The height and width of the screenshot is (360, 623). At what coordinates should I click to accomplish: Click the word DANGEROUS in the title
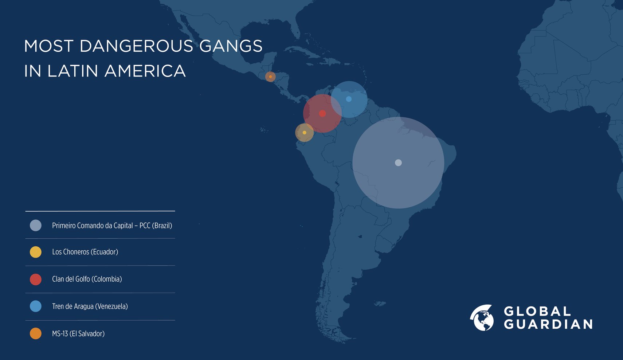coord(136,46)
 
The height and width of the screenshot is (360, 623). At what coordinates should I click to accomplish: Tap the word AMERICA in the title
coord(145,71)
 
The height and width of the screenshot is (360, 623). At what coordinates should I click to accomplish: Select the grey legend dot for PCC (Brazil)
coord(36,226)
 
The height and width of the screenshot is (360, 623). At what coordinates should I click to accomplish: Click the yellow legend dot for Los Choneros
coord(36,252)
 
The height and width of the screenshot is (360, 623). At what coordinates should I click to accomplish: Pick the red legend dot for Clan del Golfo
coord(36,279)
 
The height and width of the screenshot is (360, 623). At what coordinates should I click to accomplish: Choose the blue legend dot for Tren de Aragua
coord(36,306)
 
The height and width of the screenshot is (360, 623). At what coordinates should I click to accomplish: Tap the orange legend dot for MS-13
coord(36,333)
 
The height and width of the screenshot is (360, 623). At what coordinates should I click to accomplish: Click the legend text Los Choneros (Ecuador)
coord(85,252)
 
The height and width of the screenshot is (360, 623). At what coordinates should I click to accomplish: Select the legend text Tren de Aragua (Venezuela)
coord(90,306)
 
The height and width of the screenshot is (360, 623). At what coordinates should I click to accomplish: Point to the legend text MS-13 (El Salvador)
coord(78,334)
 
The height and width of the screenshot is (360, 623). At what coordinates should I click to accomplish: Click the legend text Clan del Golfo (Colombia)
coord(87,279)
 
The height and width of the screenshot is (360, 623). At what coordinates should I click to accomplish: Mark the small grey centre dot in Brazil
coord(398,163)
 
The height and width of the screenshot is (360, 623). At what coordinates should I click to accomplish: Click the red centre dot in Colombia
coord(322,114)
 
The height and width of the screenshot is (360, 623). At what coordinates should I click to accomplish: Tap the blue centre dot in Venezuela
coord(349,99)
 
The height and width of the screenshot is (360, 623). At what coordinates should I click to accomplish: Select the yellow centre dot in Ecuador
coord(305,133)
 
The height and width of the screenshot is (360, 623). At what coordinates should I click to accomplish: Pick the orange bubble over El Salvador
coord(270,77)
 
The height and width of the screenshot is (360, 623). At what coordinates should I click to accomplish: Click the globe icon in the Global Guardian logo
coord(482,318)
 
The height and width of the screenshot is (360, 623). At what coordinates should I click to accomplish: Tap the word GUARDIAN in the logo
coord(548,324)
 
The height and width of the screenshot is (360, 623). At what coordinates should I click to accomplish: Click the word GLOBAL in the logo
coord(537,312)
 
